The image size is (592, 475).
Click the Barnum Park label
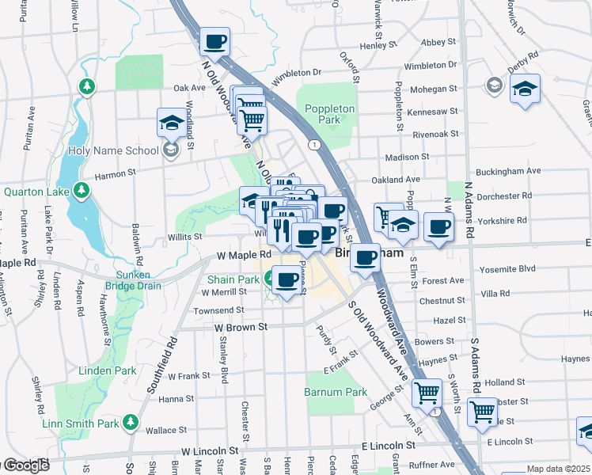336,392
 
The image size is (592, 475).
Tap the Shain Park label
233,279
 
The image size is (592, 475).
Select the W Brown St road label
241,326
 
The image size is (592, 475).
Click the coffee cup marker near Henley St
214,41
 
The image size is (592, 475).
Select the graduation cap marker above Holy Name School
171,122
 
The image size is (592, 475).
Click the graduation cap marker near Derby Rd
524,89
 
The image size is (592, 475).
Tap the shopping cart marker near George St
427,391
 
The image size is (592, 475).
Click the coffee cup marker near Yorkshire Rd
438,226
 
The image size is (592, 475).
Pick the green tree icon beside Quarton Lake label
81,191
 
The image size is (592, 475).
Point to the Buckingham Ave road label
508,171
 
